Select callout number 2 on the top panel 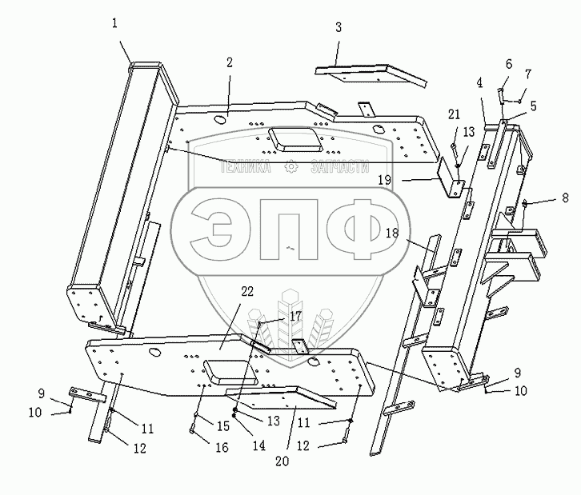pos(230,62)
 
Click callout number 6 pos(508,63)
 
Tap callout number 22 pos(246,293)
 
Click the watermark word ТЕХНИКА pos(245,168)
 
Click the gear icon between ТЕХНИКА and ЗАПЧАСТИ pos(292,167)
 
